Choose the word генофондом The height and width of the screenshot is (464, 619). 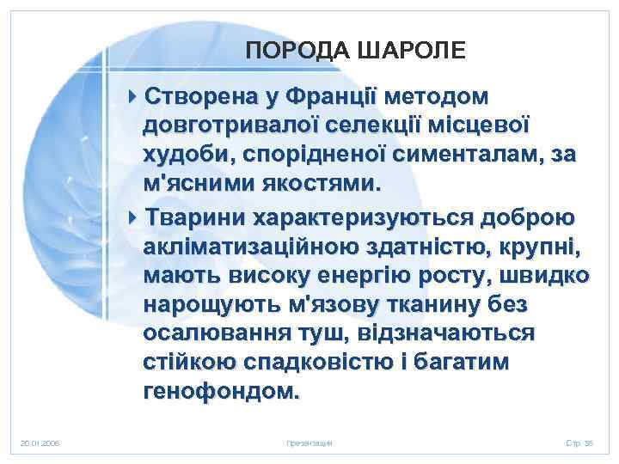[223, 394]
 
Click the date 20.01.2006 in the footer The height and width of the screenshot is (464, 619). [40, 443]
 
